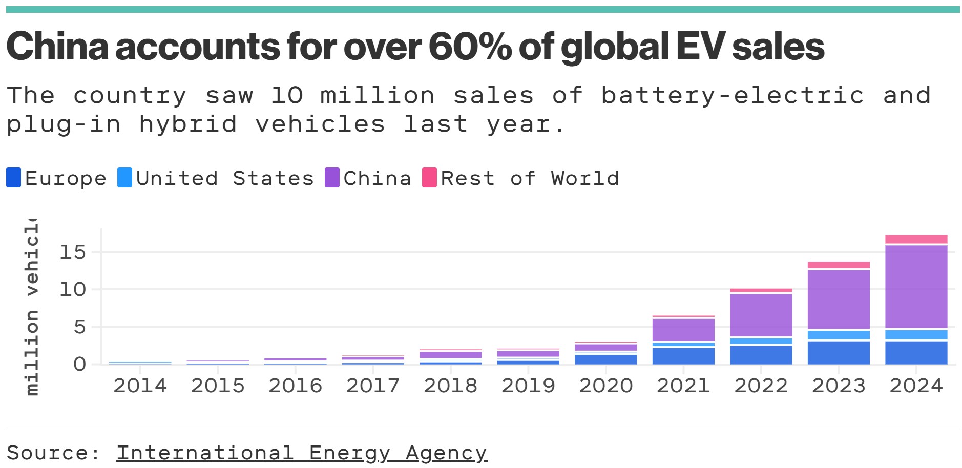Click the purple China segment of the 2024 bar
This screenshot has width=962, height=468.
[x=916, y=287]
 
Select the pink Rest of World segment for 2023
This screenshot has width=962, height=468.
[x=839, y=265]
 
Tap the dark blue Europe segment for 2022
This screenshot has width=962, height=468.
[x=761, y=355]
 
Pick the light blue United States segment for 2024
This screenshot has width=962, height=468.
[x=916, y=335]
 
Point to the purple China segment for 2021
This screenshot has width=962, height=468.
[x=683, y=330]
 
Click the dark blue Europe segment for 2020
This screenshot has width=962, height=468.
[x=605, y=359]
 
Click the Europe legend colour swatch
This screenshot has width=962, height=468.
[x=14, y=178]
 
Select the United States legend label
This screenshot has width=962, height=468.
[x=224, y=178]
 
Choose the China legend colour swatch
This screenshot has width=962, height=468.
[x=332, y=178]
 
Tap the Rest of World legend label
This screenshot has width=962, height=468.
[x=530, y=178]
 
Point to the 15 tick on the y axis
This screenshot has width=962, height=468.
[x=73, y=252]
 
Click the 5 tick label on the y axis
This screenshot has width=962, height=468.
[x=79, y=327]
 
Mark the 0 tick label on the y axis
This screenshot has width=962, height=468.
[x=79, y=364]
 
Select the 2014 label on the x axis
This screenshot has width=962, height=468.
[x=140, y=386]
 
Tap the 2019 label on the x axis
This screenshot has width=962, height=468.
[x=528, y=386]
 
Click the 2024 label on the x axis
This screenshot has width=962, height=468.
[x=916, y=386]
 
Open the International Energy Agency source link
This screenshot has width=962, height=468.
[x=302, y=453]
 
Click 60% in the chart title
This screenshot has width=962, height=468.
[x=470, y=47]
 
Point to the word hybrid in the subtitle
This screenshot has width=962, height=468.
[x=188, y=124]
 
